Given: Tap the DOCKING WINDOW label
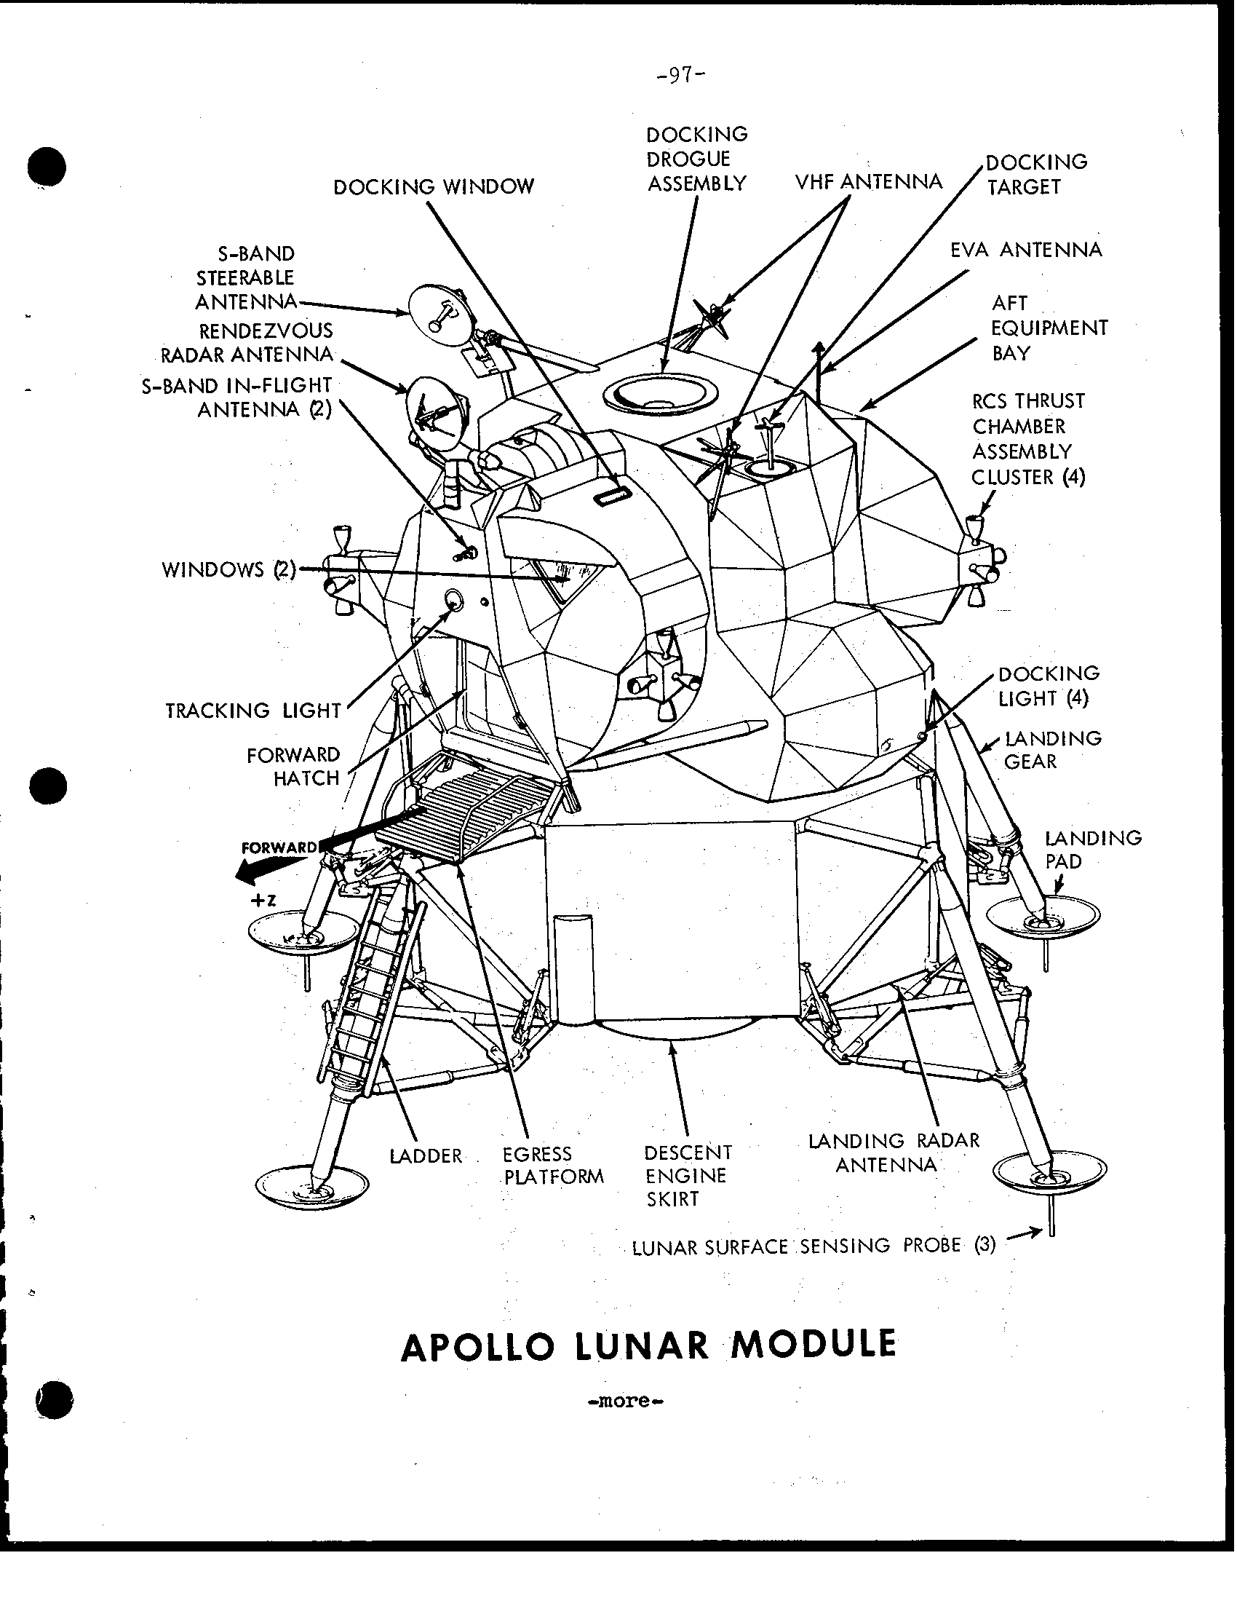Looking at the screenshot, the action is (434, 187).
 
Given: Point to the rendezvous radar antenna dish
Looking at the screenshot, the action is (432, 414).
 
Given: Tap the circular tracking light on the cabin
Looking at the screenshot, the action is (454, 601).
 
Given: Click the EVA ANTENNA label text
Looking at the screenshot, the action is (1026, 250).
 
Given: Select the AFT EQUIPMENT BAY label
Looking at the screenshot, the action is (1049, 328).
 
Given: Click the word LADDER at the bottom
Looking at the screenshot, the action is (426, 1156).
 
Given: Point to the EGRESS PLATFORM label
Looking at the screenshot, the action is (553, 1166).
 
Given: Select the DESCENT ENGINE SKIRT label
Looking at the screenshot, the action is (688, 1176).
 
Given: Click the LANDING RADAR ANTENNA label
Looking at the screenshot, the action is (894, 1153).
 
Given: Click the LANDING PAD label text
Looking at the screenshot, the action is (1093, 850).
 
